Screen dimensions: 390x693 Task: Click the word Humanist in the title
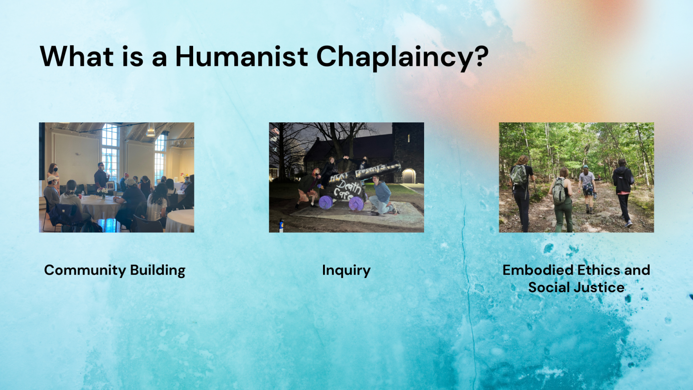pyautogui.click(x=241, y=56)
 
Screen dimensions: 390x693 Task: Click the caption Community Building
pyautogui.click(x=115, y=270)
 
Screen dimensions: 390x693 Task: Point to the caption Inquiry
pyautogui.click(x=346, y=270)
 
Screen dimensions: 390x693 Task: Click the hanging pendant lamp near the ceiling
pyautogui.click(x=150, y=131)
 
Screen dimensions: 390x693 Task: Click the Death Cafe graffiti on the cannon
pyautogui.click(x=346, y=190)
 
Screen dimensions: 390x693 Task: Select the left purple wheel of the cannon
pyautogui.click(x=326, y=202)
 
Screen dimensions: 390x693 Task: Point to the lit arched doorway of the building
pyautogui.click(x=408, y=176)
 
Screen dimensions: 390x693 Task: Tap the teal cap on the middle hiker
pyautogui.click(x=585, y=167)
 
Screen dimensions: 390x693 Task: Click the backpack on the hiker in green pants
pyautogui.click(x=559, y=191)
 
